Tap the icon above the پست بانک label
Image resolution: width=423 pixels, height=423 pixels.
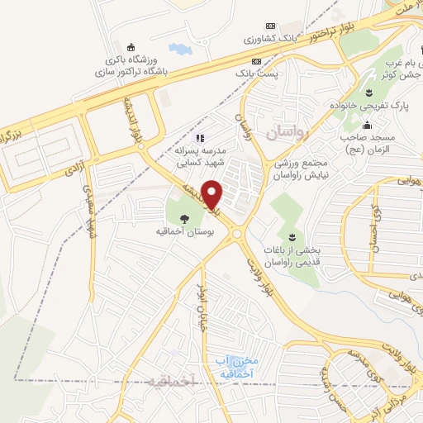click(257, 61)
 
